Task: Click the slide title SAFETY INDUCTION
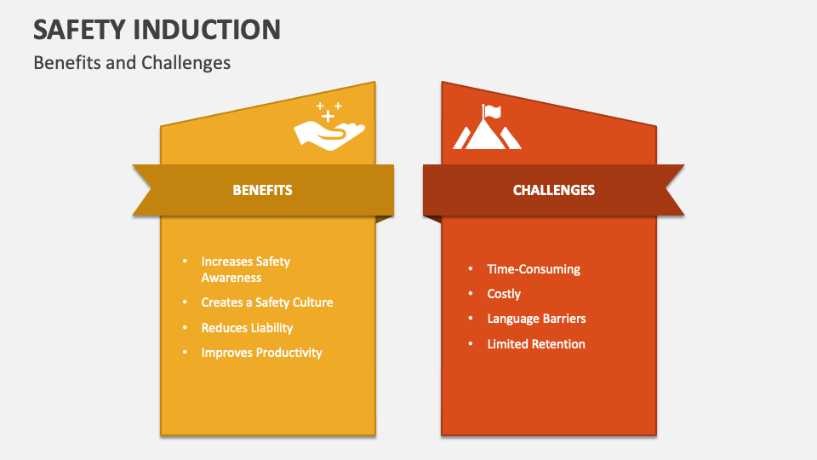point(157,29)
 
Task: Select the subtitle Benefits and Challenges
point(132,63)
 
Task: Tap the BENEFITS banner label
point(262,190)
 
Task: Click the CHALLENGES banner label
point(553,190)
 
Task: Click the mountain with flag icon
point(487,128)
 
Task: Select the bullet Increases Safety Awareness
point(247,269)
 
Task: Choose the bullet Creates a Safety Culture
point(266,302)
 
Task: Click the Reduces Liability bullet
point(247,328)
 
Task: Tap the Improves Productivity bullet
point(261,353)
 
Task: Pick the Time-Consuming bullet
point(534,269)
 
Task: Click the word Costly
point(504,294)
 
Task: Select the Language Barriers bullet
point(536,319)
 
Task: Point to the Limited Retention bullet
point(536,344)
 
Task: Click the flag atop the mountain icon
point(493,110)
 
